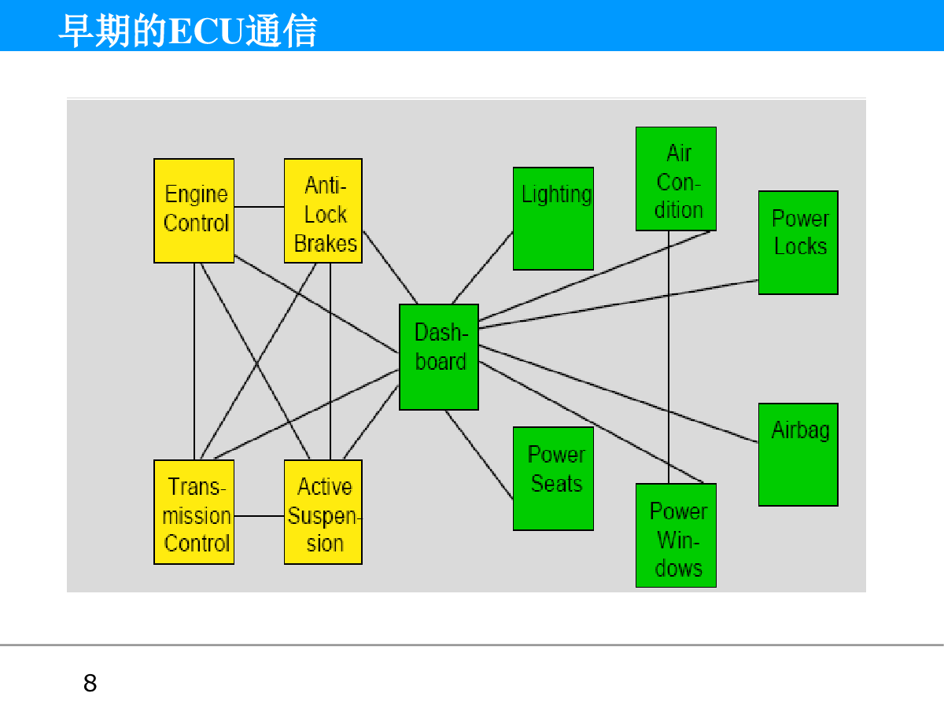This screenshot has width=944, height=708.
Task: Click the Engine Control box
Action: (194, 211)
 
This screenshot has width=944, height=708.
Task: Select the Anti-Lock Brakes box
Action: (323, 211)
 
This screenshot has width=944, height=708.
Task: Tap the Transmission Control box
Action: (194, 512)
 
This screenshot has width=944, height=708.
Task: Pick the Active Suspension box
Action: (323, 512)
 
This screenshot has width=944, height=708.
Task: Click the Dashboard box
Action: (439, 357)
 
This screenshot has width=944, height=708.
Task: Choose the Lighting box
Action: (553, 219)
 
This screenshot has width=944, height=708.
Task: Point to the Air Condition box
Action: (676, 179)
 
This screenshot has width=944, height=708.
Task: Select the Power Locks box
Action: (798, 242)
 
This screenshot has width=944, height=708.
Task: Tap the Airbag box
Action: (798, 455)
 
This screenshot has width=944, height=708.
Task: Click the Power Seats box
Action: (553, 478)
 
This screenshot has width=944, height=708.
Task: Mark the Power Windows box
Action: (676, 535)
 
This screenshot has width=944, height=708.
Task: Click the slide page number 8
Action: (90, 683)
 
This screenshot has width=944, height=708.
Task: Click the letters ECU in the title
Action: (206, 31)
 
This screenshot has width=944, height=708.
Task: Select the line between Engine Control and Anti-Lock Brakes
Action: (260, 207)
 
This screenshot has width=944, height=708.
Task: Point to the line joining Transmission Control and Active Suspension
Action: (260, 516)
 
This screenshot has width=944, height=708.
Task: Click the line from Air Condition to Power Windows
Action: (669, 357)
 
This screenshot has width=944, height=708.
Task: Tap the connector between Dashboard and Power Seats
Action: (479, 455)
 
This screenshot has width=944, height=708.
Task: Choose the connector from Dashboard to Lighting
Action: (482, 267)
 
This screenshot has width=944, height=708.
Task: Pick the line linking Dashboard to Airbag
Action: (618, 393)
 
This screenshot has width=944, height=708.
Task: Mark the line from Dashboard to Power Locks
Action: (618, 304)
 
